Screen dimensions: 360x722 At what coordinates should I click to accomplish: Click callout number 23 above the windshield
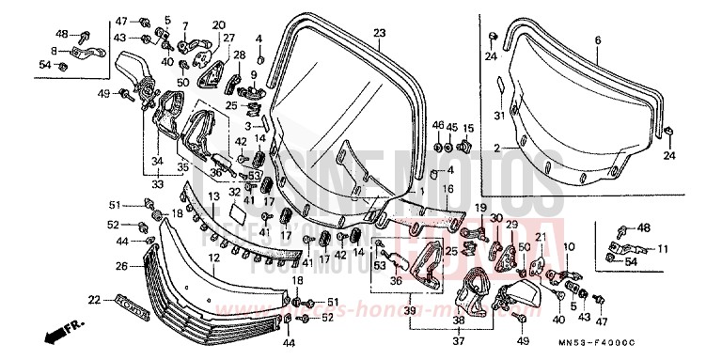click(x=379, y=33)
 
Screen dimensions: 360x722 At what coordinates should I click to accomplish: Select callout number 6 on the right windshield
click(x=597, y=39)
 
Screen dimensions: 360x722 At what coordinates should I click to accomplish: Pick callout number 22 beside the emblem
click(x=93, y=300)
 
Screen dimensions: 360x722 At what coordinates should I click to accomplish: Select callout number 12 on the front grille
click(x=214, y=257)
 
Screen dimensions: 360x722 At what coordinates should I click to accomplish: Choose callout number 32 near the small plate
click(x=234, y=192)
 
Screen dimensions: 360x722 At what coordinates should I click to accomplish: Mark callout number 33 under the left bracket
click(x=157, y=185)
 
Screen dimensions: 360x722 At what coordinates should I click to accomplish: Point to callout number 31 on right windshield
click(x=500, y=116)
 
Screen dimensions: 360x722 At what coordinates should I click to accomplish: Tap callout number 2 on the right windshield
click(x=496, y=148)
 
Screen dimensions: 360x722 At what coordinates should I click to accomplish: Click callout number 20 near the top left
click(x=219, y=24)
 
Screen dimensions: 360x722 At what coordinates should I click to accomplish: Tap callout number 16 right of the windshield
click(x=447, y=189)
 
